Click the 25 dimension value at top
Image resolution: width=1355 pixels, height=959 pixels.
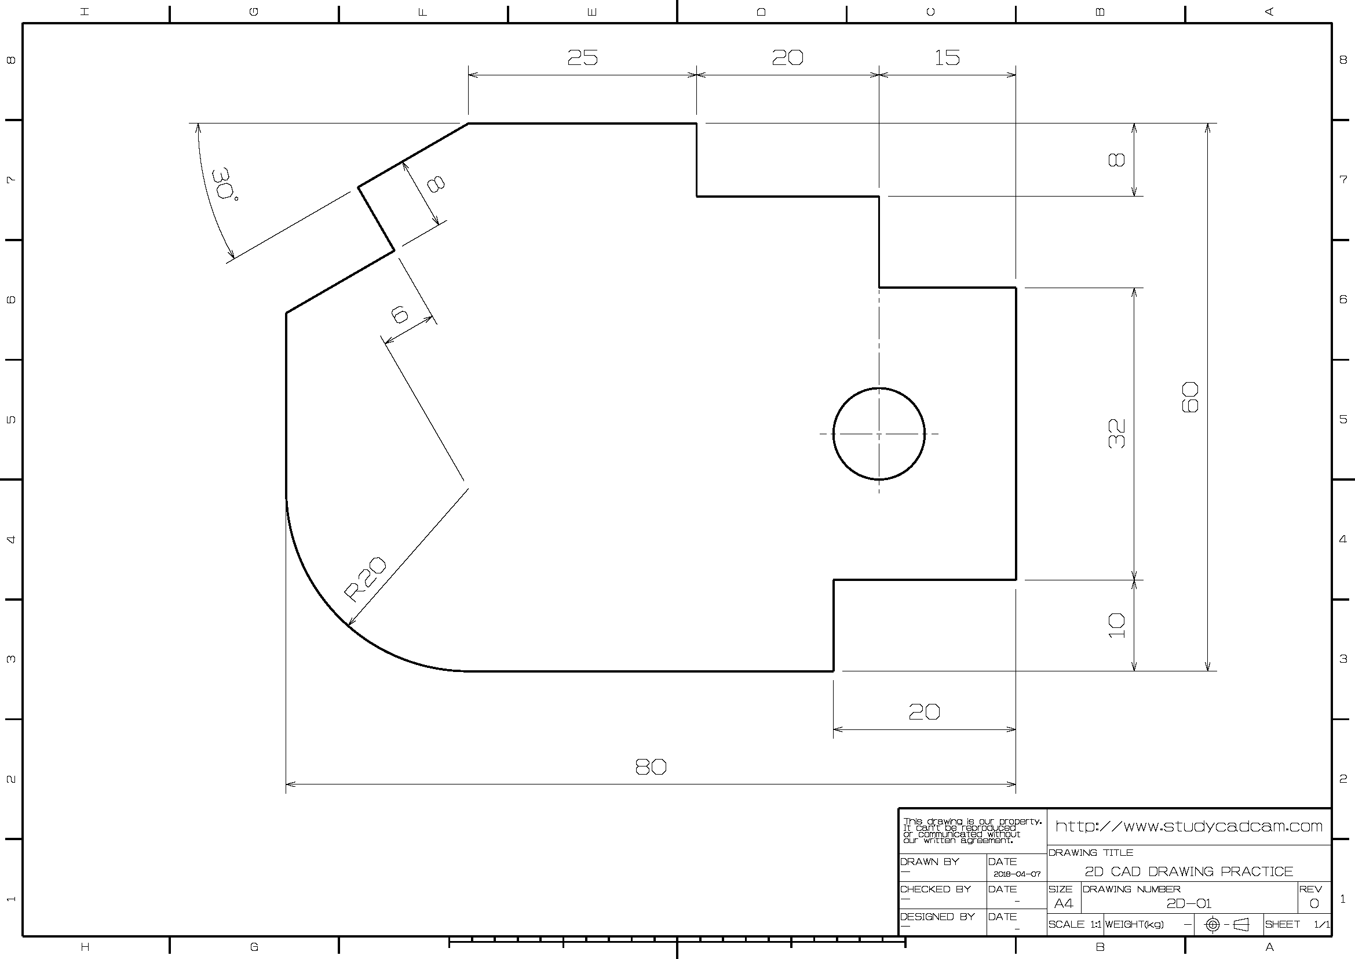pos(582,57)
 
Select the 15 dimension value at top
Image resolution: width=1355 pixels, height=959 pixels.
pos(947,57)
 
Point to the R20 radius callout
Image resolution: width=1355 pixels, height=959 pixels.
pos(366,579)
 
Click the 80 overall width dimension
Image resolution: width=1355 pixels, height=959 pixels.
pos(651,767)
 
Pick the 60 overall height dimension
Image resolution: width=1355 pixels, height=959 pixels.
pos(1190,397)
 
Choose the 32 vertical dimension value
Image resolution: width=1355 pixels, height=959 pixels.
pos(1116,434)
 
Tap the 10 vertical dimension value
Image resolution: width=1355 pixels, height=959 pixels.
pos(1116,626)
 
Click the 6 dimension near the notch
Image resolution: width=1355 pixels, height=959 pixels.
pos(400,314)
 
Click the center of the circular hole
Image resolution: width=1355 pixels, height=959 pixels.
pos(879,434)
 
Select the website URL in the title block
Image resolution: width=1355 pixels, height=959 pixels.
pos(1189,826)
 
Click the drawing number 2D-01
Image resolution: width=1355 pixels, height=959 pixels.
pos(1189,903)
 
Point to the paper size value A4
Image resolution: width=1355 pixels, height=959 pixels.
pos(1064,903)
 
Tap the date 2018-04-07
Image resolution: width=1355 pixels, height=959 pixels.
pos(1017,874)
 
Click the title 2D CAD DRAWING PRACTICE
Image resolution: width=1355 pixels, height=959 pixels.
pos(1189,871)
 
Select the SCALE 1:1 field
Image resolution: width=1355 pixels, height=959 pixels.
pos(1074,924)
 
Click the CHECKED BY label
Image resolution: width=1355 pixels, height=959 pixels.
pos(936,889)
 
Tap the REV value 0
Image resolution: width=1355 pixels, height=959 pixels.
pos(1314,903)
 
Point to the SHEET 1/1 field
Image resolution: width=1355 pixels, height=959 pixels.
pos(1297,924)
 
